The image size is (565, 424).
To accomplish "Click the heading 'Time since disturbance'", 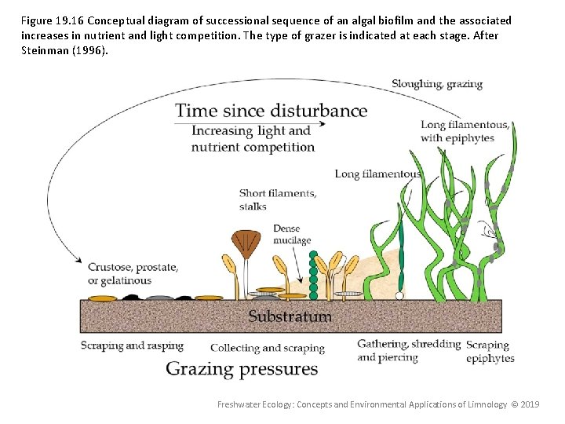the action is (x=271, y=110).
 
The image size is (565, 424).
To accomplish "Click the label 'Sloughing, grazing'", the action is (x=437, y=84).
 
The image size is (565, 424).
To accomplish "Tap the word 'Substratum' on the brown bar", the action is (x=290, y=316).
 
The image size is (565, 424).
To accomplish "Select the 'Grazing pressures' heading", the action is (x=242, y=368).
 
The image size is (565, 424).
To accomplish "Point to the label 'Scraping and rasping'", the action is (x=132, y=345).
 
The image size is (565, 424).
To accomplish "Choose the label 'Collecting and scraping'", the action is (x=267, y=348).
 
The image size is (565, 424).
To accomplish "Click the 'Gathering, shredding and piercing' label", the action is (x=408, y=350).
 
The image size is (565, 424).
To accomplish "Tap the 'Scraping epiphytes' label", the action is (x=490, y=351).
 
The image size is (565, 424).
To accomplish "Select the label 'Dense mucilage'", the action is (x=292, y=234).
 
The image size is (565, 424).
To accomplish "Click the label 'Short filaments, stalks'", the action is (x=278, y=199).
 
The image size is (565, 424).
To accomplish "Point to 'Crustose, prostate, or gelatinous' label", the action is (x=132, y=273).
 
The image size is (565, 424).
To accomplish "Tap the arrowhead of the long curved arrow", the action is (x=79, y=260).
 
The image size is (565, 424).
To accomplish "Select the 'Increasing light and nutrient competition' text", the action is (x=253, y=139).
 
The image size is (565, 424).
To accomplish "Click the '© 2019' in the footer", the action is (x=524, y=404).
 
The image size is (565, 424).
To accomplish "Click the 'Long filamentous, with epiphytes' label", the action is (x=465, y=131).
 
